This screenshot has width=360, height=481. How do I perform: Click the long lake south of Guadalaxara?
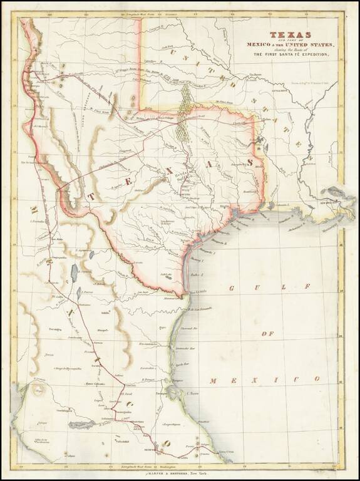(81, 425)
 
